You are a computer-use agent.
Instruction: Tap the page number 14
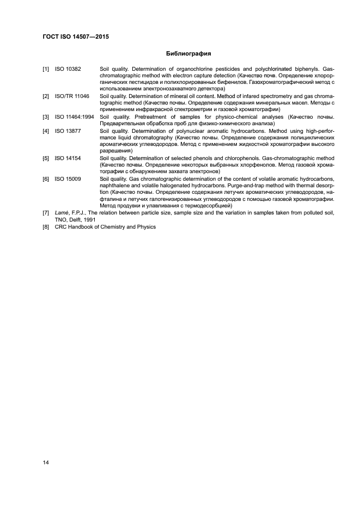[x=46, y=463]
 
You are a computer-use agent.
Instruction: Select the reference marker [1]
[x=46, y=69]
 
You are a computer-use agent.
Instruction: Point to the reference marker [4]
[x=46, y=131]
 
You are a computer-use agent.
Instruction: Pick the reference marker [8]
[x=46, y=226]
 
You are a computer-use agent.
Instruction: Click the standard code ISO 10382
[x=68, y=69]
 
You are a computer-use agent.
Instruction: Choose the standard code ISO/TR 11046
[x=70, y=96]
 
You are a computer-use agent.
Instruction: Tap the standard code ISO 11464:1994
[x=75, y=116]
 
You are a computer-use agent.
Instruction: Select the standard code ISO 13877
[x=68, y=131]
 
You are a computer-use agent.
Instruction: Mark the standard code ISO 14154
[x=68, y=158]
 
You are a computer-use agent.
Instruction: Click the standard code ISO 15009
[x=68, y=179]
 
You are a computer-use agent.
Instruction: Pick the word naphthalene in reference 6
[x=115, y=185]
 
